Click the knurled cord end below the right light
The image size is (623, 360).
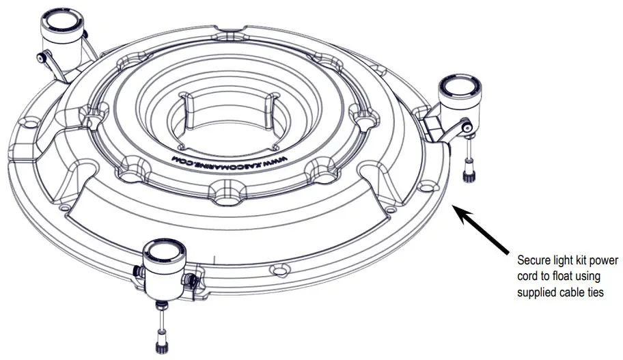pos(469,171)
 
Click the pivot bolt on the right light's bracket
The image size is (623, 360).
pos(465,127)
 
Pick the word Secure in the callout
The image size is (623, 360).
pos(534,260)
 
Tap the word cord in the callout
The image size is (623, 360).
pos(527,277)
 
